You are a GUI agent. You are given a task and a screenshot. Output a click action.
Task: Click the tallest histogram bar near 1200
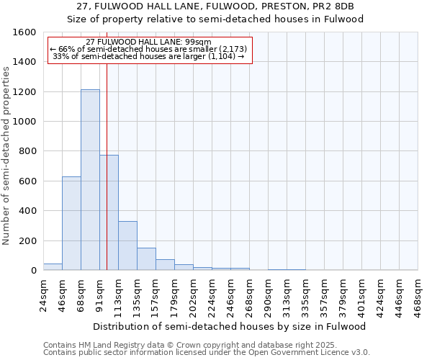click(x=90, y=180)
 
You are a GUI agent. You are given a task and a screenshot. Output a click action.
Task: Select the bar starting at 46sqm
click(x=71, y=223)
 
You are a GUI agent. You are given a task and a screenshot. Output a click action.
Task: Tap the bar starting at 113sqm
click(x=127, y=246)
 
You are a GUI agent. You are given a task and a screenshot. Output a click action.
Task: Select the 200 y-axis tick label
click(x=27, y=240)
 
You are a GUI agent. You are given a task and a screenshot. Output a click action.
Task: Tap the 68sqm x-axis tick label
click(x=81, y=292)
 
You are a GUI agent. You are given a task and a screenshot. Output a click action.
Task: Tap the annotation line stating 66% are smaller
click(x=149, y=49)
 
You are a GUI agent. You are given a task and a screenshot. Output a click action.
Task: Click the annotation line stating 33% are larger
click(x=149, y=56)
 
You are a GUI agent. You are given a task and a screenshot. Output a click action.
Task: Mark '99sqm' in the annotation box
click(x=197, y=42)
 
